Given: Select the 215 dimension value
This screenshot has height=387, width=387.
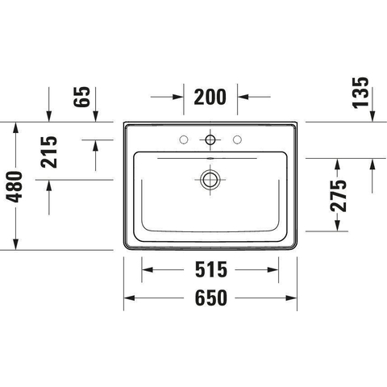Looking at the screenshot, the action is pos(48,152).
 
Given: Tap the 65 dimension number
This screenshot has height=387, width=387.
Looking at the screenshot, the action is pos(81,97).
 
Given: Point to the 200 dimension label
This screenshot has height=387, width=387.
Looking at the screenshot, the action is pos(210,97).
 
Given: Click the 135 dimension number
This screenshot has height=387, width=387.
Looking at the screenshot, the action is pos(360,93).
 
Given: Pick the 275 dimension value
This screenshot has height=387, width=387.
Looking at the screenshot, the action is pos(339,195).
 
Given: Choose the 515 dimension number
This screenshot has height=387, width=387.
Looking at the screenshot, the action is pos(211,269).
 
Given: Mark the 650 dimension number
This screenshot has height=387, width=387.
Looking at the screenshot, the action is pos(211,298).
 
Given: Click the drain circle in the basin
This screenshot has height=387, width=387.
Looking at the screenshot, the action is pos(210,179).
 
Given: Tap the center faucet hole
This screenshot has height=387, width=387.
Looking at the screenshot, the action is pos(210,139).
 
